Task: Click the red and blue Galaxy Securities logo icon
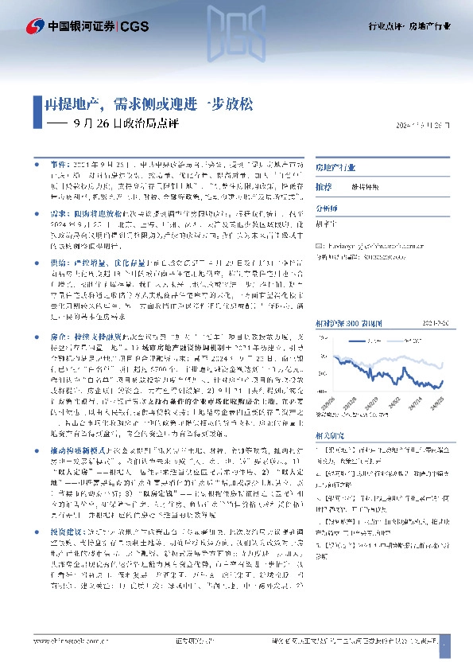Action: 35,26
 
